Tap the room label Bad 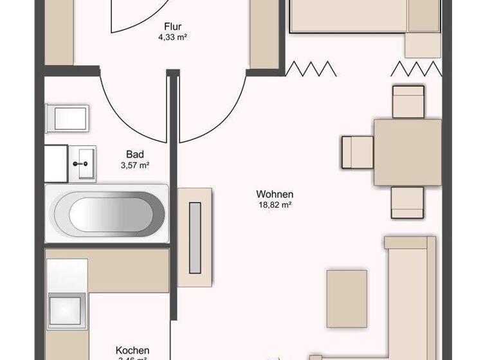134,154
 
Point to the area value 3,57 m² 134,165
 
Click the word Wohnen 275,194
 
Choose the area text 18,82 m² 275,205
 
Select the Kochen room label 133,350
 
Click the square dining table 408,151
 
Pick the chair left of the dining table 357,152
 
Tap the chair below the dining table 408,202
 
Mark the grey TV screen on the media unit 194,237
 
